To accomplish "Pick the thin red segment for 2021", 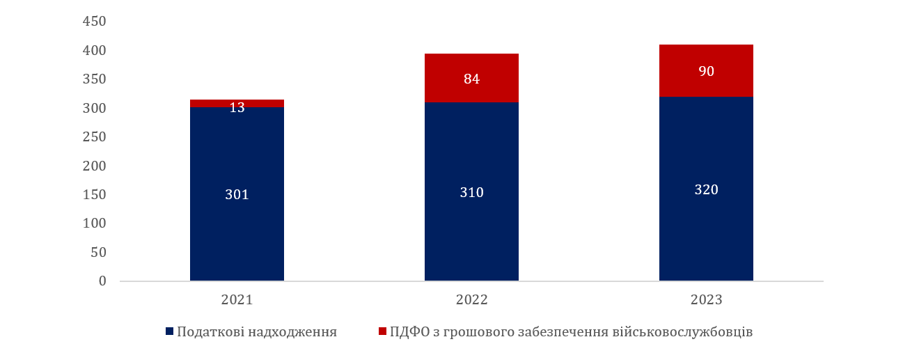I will tap(209, 103).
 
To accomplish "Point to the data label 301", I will tap(237, 194).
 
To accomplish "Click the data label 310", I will tap(471, 192).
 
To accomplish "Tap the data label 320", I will tap(706, 189).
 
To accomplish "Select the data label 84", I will tap(471, 79).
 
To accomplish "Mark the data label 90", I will tap(706, 71).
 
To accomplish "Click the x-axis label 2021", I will tap(237, 300).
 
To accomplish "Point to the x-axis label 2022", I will tap(471, 300).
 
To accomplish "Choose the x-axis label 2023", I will tap(706, 300).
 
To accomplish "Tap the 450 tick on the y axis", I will tap(94, 22).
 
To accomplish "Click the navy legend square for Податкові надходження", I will tap(169, 332).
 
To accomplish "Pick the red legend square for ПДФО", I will tap(382, 332).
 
